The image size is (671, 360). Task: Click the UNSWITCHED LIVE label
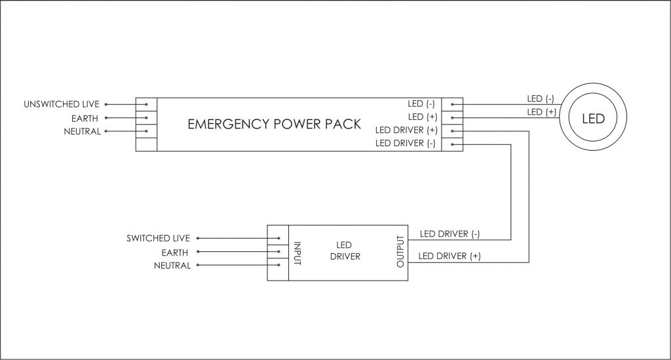(x=62, y=104)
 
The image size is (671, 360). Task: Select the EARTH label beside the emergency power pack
(x=86, y=118)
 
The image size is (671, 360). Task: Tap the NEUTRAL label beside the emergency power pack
(x=82, y=131)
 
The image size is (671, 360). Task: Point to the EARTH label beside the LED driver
(x=176, y=252)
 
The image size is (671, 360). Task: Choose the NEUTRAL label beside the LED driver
(x=172, y=266)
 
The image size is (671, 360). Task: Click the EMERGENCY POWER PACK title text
(x=274, y=124)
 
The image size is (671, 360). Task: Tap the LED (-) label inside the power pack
(x=421, y=104)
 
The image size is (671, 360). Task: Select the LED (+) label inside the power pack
(x=421, y=117)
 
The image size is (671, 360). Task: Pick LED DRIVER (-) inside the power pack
(x=405, y=143)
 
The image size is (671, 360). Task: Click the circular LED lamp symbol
(x=593, y=119)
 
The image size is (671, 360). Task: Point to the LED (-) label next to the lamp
(x=541, y=99)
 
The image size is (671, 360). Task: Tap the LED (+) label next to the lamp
(x=541, y=112)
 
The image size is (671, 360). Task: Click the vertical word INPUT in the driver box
(x=297, y=252)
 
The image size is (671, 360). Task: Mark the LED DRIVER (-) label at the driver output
(x=449, y=233)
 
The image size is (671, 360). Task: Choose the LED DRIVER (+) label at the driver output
(x=449, y=256)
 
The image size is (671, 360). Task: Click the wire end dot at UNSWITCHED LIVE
(x=105, y=104)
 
